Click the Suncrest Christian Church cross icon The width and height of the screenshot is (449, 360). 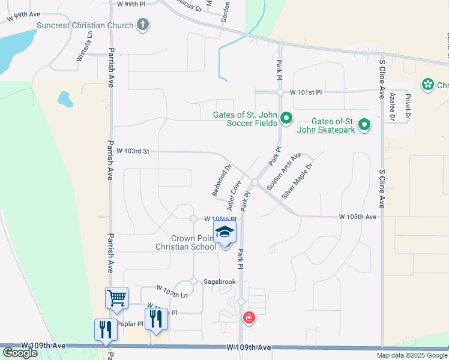click(142, 25)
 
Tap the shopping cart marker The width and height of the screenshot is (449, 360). click(116, 297)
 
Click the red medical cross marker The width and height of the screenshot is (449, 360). click(247, 317)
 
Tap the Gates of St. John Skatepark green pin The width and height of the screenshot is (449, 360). click(364, 125)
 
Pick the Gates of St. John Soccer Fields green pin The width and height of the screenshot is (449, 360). click(286, 118)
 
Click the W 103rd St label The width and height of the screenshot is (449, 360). click(133, 152)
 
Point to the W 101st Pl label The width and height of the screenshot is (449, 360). click(306, 92)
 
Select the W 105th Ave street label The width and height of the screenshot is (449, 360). click(358, 216)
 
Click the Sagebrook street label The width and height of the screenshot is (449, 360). click(219, 281)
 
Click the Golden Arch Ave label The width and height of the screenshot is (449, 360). click(283, 172)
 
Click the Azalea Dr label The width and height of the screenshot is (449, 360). click(391, 107)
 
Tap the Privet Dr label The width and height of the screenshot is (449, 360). click(408, 107)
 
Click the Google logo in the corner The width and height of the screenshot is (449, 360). click(20, 353)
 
